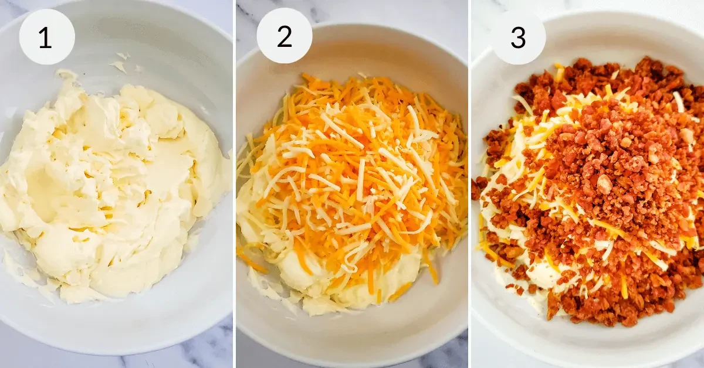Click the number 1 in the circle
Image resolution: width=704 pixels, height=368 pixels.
click(46, 38)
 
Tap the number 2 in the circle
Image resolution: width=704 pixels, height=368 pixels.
click(285, 37)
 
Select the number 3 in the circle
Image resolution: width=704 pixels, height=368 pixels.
click(518, 38)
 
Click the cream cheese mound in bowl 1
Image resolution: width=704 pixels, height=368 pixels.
click(110, 189)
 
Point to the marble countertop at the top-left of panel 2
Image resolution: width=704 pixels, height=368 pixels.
click(248, 12)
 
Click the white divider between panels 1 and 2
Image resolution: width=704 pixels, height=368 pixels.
click(235, 184)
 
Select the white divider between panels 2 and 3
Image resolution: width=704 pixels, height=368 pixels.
click(470, 184)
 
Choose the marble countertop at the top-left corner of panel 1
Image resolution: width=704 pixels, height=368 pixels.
click(9, 9)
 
